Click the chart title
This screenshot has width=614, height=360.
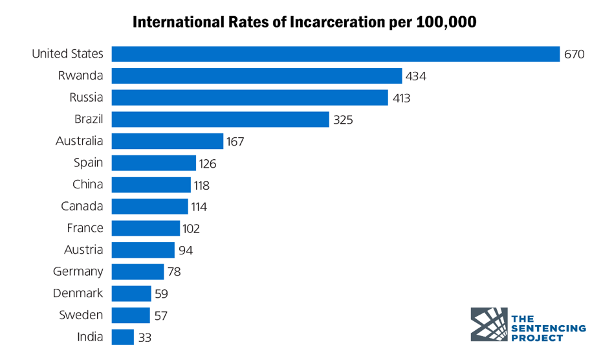click(x=304, y=22)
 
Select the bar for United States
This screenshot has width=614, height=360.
click(x=335, y=54)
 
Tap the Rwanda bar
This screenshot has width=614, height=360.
click(x=256, y=76)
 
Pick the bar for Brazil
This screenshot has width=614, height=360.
click(x=220, y=119)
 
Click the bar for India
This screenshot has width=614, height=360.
click(x=122, y=337)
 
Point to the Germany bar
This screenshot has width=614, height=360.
click(x=137, y=271)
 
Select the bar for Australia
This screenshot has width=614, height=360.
click(x=167, y=141)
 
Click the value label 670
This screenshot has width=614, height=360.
click(x=574, y=54)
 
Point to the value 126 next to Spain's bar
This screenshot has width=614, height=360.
click(x=207, y=163)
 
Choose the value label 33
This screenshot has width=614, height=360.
click(x=145, y=337)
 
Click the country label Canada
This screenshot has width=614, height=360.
click(x=82, y=207)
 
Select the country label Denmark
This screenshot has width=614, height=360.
click(x=78, y=293)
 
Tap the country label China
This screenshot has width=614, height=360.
click(x=87, y=185)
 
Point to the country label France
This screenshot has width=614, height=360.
click(x=85, y=228)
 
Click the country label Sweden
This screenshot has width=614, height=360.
click(x=81, y=315)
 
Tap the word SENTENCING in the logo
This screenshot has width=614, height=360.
click(x=548, y=328)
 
